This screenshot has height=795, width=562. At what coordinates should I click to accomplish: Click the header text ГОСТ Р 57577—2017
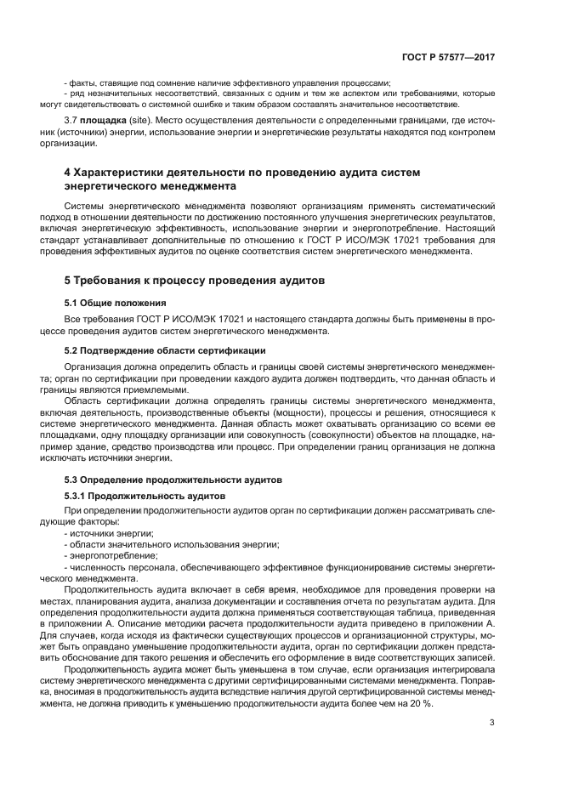(448, 58)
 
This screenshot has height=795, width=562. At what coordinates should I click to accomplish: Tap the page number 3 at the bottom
(492, 724)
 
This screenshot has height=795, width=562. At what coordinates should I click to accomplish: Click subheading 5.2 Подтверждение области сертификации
(165, 350)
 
